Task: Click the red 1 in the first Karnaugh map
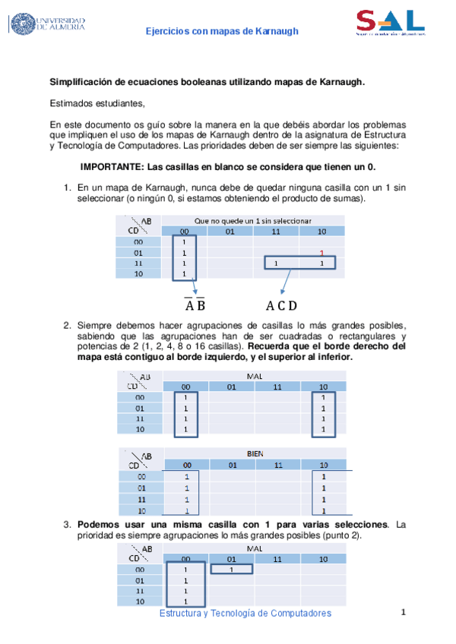pos(322,253)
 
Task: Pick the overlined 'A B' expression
pos(195,306)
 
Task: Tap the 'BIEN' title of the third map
pos(255,453)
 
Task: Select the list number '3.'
pos(68,525)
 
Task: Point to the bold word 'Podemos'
pos(100,525)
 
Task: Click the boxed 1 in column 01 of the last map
pos(230,570)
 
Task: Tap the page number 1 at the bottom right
pos(404,612)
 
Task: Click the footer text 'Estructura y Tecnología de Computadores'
pos(245,613)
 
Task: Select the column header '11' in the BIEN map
pos(278,465)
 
